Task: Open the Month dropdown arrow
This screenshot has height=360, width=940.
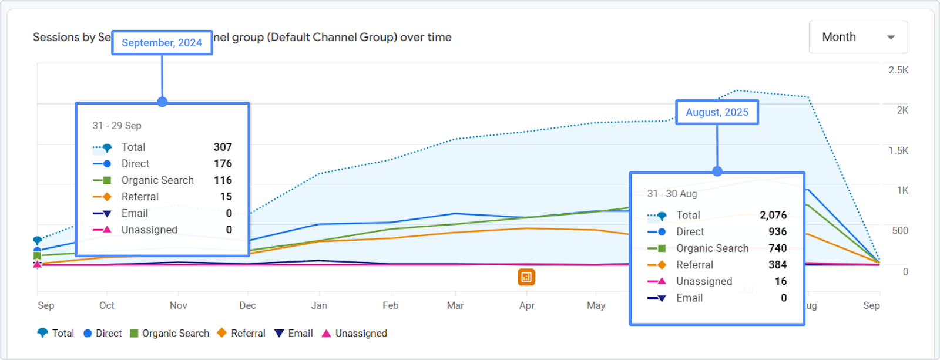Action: [x=891, y=37]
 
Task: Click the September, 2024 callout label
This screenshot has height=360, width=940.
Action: [x=162, y=42]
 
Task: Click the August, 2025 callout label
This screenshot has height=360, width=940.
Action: [x=717, y=112]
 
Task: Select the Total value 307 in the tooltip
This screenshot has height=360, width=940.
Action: [x=223, y=147]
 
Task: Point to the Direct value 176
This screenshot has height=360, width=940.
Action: [x=223, y=163]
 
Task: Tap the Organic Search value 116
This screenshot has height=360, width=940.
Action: [x=223, y=180]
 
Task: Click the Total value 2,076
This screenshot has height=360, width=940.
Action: [x=773, y=215]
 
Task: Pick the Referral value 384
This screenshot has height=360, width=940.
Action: [x=777, y=265]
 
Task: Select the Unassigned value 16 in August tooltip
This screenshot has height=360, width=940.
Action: [x=781, y=281]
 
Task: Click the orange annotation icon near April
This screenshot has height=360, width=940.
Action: [x=526, y=277]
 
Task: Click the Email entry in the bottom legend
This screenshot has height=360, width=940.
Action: [x=294, y=333]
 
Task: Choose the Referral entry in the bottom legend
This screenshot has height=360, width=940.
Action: [x=241, y=333]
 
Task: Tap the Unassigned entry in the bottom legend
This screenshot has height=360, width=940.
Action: [x=354, y=333]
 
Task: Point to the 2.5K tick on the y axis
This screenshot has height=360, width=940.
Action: [x=898, y=70]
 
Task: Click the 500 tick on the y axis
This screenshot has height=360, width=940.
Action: [x=899, y=231]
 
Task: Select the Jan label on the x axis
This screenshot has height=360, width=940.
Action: [x=319, y=305]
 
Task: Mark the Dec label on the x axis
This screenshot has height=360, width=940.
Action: [x=247, y=305]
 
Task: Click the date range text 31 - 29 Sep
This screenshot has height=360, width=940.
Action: [x=117, y=126]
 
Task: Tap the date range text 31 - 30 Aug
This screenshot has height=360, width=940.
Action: [x=672, y=193]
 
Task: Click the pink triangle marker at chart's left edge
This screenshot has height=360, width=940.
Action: [x=38, y=264]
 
